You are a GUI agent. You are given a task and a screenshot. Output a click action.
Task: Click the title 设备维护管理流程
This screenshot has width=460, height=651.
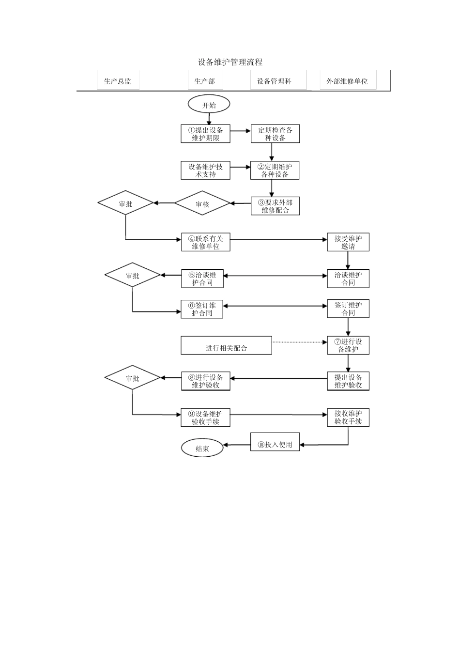point(230,62)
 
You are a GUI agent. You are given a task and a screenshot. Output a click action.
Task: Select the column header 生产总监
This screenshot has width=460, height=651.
point(118,81)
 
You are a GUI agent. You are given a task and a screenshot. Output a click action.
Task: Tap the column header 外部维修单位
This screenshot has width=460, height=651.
point(347,81)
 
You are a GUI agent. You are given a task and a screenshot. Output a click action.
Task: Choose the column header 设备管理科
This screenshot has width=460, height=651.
point(274,81)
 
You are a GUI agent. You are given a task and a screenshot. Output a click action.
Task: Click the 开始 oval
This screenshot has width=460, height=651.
point(209,105)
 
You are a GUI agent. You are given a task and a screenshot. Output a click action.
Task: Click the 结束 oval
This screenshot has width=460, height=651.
point(202,449)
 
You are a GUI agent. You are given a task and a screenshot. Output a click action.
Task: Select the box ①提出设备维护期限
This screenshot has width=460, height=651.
point(205,134)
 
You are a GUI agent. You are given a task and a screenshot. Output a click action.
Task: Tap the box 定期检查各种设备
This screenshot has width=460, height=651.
point(275,134)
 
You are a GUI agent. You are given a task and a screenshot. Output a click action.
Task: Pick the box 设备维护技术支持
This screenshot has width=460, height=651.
point(205,170)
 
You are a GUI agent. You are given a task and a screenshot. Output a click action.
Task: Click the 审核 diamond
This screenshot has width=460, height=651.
point(202,204)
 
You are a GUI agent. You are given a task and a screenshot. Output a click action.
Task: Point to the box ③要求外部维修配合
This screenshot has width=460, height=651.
point(275,206)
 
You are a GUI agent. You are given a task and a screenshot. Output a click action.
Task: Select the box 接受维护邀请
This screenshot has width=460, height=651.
point(348,242)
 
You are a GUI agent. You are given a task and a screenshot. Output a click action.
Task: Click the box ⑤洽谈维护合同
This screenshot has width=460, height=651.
point(202,279)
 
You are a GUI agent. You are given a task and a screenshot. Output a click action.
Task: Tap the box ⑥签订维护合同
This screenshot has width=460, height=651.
point(202,309)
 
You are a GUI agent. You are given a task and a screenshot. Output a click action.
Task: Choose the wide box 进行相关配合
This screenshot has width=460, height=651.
point(226,345)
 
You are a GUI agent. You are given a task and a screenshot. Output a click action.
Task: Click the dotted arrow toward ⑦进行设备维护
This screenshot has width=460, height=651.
point(299,342)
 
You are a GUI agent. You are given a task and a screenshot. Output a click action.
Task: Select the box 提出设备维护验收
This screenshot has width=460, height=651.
point(348,381)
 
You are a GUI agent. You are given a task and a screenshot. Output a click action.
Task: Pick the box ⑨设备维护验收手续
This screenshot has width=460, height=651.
point(205,418)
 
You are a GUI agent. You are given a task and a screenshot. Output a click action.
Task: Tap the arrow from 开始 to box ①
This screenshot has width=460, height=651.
point(209,119)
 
